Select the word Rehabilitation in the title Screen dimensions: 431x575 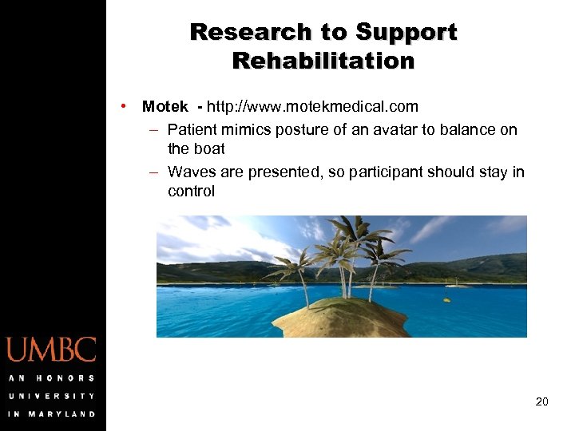coord(323,61)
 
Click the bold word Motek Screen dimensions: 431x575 coord(165,106)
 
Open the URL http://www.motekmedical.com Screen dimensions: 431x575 coord(312,106)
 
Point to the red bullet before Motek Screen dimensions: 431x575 coord(125,106)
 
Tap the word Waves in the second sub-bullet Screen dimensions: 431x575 coord(190,172)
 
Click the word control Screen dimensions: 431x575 coord(192,191)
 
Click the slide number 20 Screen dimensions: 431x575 coord(541,401)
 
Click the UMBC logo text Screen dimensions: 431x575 coord(51,350)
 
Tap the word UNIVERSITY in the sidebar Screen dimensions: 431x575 coord(51,396)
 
